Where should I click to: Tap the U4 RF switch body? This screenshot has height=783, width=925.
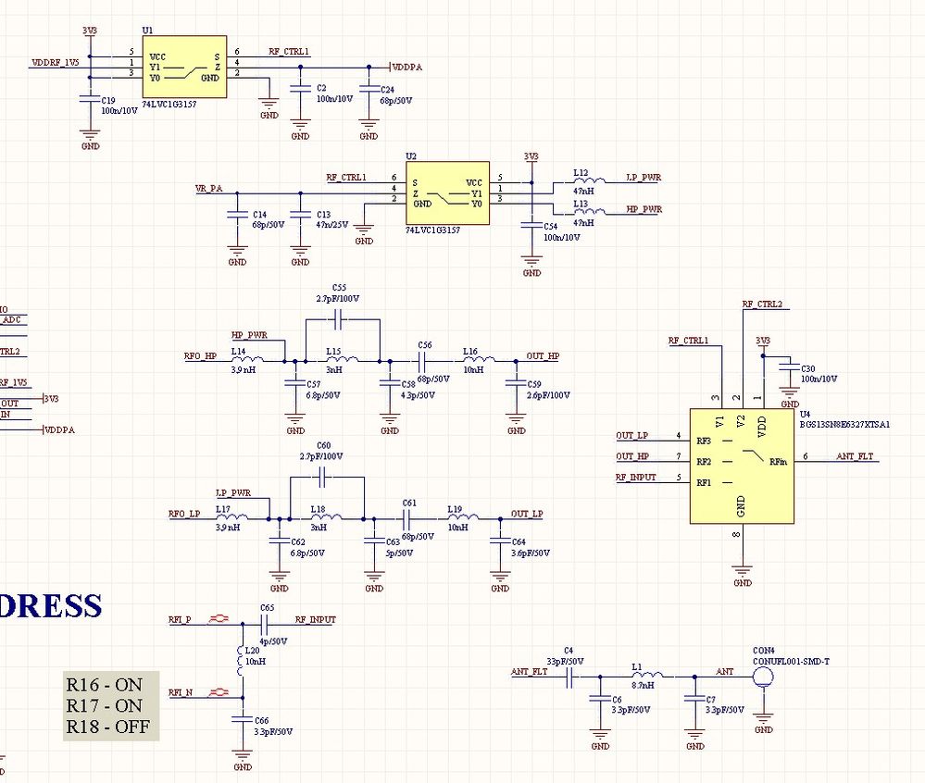(741, 466)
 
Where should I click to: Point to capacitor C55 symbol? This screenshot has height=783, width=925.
(339, 318)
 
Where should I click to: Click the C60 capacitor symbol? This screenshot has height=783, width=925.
(322, 477)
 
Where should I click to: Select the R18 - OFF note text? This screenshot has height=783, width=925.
(106, 727)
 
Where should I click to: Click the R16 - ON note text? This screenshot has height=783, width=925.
(104, 685)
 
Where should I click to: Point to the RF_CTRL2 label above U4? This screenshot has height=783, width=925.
(762, 304)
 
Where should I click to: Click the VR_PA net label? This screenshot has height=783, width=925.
(208, 188)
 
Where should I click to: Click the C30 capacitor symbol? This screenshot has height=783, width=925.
(789, 370)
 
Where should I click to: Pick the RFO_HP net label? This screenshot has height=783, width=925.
(200, 355)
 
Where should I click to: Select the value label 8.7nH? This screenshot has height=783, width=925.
(642, 686)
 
